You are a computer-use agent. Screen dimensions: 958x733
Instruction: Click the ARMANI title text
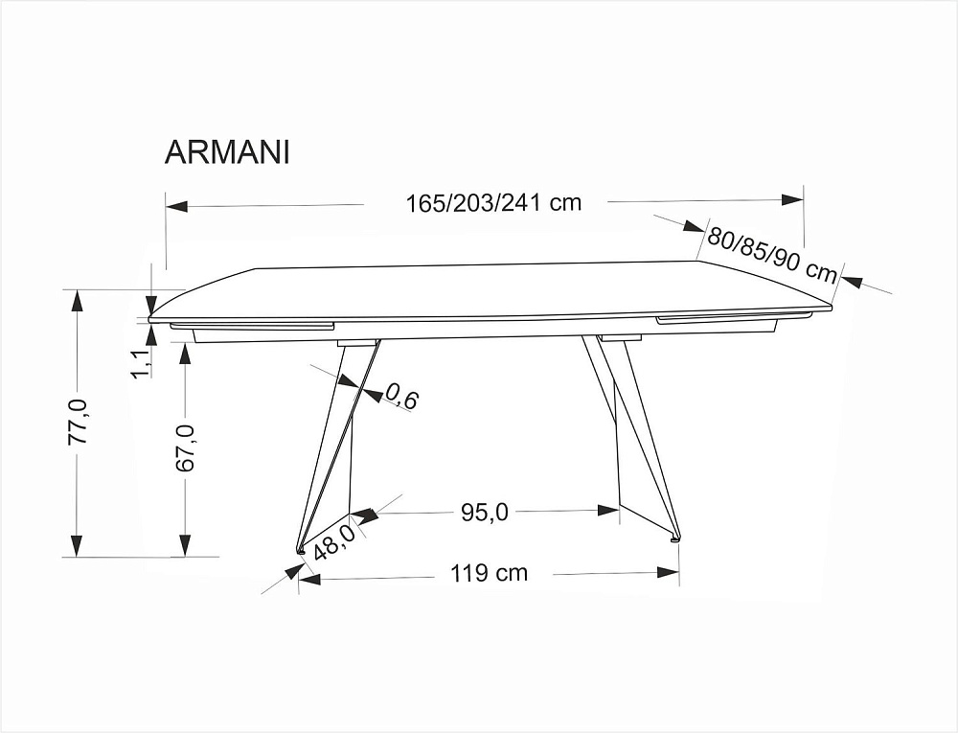coord(227,152)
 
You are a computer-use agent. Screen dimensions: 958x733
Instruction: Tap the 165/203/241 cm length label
coord(493,202)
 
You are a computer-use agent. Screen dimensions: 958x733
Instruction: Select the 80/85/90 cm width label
coord(772,255)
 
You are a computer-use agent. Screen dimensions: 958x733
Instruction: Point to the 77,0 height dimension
coord(79,423)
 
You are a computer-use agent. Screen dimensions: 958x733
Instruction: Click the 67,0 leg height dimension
coord(185,447)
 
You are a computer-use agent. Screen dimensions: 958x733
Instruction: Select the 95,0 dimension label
coord(485,513)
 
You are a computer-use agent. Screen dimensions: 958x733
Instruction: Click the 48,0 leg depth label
coord(333,541)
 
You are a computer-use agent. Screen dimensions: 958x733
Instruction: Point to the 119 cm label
coord(489,573)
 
